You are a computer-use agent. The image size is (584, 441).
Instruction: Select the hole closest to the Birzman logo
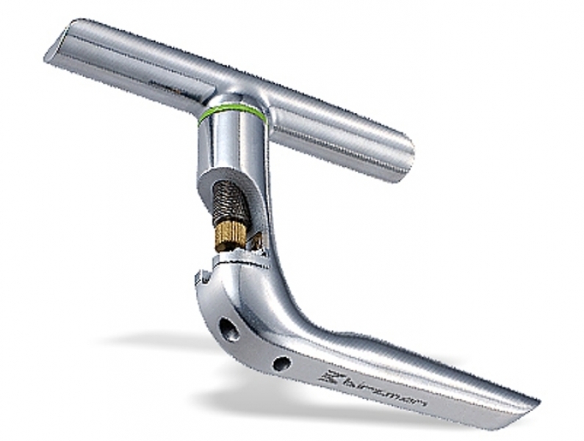(x=282, y=364)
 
